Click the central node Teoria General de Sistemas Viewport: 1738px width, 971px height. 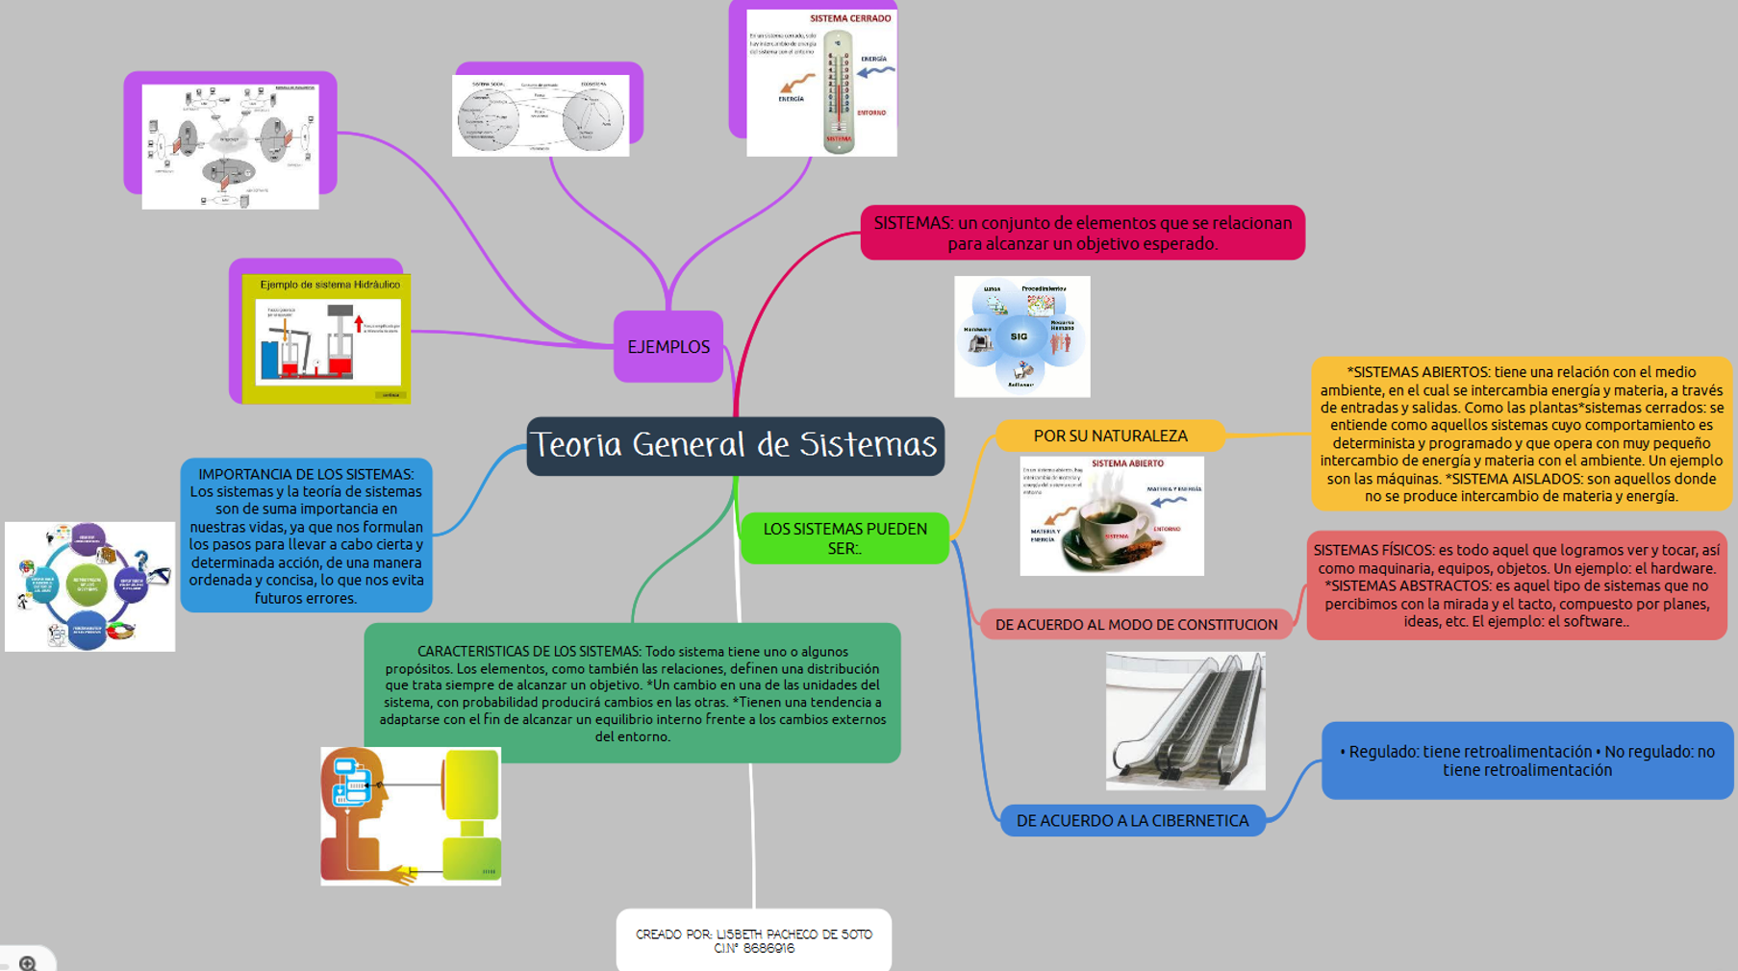735,446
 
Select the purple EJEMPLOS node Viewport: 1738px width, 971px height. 668,347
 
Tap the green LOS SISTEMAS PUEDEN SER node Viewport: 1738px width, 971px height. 844,538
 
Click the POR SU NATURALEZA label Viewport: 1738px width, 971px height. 1110,436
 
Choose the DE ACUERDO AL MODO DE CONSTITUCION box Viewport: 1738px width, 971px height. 1136,625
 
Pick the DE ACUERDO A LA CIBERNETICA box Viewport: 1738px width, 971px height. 1132,821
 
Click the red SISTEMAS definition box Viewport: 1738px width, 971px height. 1082,233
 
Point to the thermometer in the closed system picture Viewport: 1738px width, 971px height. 838,92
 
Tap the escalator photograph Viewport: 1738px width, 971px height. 1185,721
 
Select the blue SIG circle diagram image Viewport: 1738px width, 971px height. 1021,336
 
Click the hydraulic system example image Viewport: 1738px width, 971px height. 327,338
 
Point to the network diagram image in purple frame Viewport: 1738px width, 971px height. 230,146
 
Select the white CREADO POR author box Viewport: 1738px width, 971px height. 753,940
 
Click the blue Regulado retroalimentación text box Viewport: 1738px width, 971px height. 1526,760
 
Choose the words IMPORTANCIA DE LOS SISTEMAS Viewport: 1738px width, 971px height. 306,474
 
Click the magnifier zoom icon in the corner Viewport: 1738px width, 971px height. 28,962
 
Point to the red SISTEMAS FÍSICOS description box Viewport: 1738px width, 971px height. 1516,585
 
